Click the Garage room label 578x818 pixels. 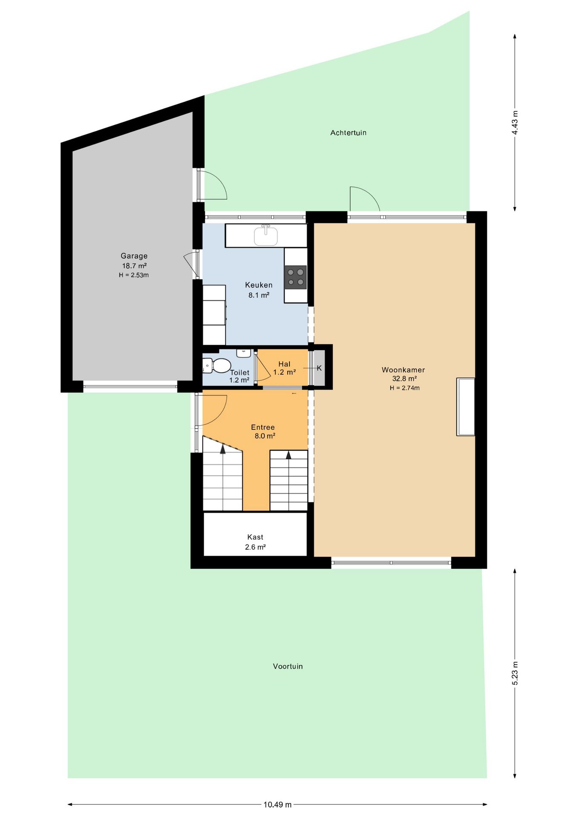pos(134,256)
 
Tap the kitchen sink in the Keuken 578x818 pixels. pos(266,236)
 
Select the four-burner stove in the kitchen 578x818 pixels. pos(296,277)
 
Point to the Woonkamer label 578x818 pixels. pos(403,370)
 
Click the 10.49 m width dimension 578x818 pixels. pos(278,804)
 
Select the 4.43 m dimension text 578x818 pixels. pos(515,123)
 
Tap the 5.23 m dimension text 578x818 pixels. pos(515,674)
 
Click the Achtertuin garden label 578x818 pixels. pos(348,133)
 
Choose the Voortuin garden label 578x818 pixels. pos(288,666)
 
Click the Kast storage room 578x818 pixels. pos(255,534)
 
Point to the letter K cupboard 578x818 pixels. pos(319,368)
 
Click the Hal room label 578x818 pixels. pos(284,364)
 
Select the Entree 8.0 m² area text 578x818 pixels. pos(265,436)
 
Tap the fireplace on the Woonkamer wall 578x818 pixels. pos(466,407)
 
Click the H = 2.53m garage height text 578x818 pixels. pos(134,275)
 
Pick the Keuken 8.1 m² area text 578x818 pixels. pos(259,295)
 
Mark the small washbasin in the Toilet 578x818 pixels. pos(243,353)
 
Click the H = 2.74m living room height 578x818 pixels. pos(404,388)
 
